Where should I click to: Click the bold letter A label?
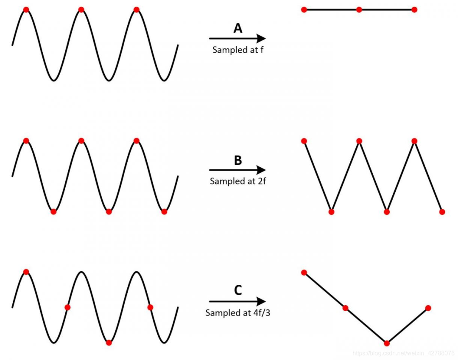pyautogui.click(x=238, y=28)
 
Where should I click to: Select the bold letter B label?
pyautogui.click(x=238, y=160)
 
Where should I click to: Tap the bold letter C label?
pyautogui.click(x=238, y=291)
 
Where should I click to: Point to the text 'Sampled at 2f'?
pyautogui.click(x=238, y=181)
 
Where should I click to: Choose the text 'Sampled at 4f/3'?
pyautogui.click(x=237, y=313)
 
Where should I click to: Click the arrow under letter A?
pyautogui.click(x=237, y=39)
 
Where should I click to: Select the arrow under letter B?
pyautogui.click(x=237, y=170)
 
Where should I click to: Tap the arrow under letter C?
pyautogui.click(x=237, y=301)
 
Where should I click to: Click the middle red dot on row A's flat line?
pyautogui.click(x=359, y=9)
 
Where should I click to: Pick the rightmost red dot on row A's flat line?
pyautogui.click(x=414, y=9)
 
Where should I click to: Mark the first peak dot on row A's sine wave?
pyautogui.click(x=26, y=9)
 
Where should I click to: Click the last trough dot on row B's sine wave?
pyautogui.click(x=164, y=211)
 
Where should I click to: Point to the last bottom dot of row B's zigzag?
pyautogui.click(x=442, y=211)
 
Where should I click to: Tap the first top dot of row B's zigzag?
pyautogui.click(x=304, y=141)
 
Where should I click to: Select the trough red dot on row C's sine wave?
pyautogui.click(x=109, y=343)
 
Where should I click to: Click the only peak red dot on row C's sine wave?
pyautogui.click(x=26, y=272)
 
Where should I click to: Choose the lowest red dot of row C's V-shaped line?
pyautogui.click(x=387, y=343)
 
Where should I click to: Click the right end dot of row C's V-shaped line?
pyautogui.click(x=428, y=308)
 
